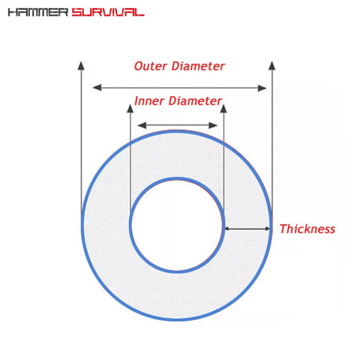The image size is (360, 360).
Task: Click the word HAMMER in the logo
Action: point(38,12)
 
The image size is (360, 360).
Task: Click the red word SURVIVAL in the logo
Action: point(108,12)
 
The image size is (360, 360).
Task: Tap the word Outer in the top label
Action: point(151,66)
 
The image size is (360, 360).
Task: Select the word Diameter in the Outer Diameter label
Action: point(198,66)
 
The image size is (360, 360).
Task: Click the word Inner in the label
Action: point(149,101)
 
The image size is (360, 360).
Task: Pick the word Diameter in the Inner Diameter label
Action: point(195,101)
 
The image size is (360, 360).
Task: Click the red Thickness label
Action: point(307,229)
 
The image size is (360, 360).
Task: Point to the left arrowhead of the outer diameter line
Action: point(97,88)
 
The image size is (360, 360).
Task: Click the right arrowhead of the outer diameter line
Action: point(262,88)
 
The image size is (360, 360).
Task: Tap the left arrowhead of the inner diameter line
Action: point(142,125)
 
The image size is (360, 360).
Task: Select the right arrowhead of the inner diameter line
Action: point(213,125)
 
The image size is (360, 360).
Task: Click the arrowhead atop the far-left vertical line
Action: point(81,65)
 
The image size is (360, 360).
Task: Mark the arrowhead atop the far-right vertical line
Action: point(272,65)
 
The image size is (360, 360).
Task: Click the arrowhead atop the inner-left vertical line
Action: point(130,109)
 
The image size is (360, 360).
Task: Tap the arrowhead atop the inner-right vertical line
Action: point(223,109)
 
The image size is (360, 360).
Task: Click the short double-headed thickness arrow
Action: point(247,229)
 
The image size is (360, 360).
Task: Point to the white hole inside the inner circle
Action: point(177,225)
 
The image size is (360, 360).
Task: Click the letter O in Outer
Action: point(139,67)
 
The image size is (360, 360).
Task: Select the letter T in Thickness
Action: point(283,229)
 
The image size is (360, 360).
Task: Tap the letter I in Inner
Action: point(136,101)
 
